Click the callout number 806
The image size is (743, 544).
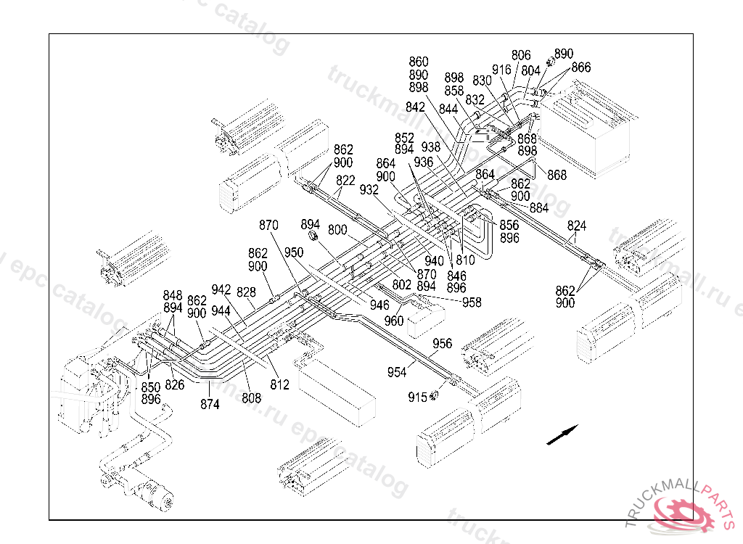click(x=521, y=55)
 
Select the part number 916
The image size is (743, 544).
click(x=501, y=70)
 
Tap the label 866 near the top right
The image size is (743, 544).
click(x=580, y=67)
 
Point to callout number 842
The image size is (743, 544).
click(x=416, y=107)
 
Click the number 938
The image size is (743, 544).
click(x=430, y=147)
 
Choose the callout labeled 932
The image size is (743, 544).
click(x=369, y=189)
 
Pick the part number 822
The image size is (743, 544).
click(x=345, y=181)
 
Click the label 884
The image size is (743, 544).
click(x=539, y=207)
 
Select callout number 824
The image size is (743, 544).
click(x=577, y=225)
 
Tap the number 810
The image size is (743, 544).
click(x=465, y=260)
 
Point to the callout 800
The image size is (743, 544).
click(x=337, y=230)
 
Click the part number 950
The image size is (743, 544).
click(x=294, y=252)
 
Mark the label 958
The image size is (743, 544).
click(x=472, y=302)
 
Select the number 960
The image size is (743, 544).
click(x=394, y=321)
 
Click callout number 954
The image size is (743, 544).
click(x=397, y=372)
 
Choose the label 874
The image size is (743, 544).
click(x=210, y=405)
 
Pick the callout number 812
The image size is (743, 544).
click(x=280, y=384)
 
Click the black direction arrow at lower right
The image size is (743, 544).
click(x=562, y=434)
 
